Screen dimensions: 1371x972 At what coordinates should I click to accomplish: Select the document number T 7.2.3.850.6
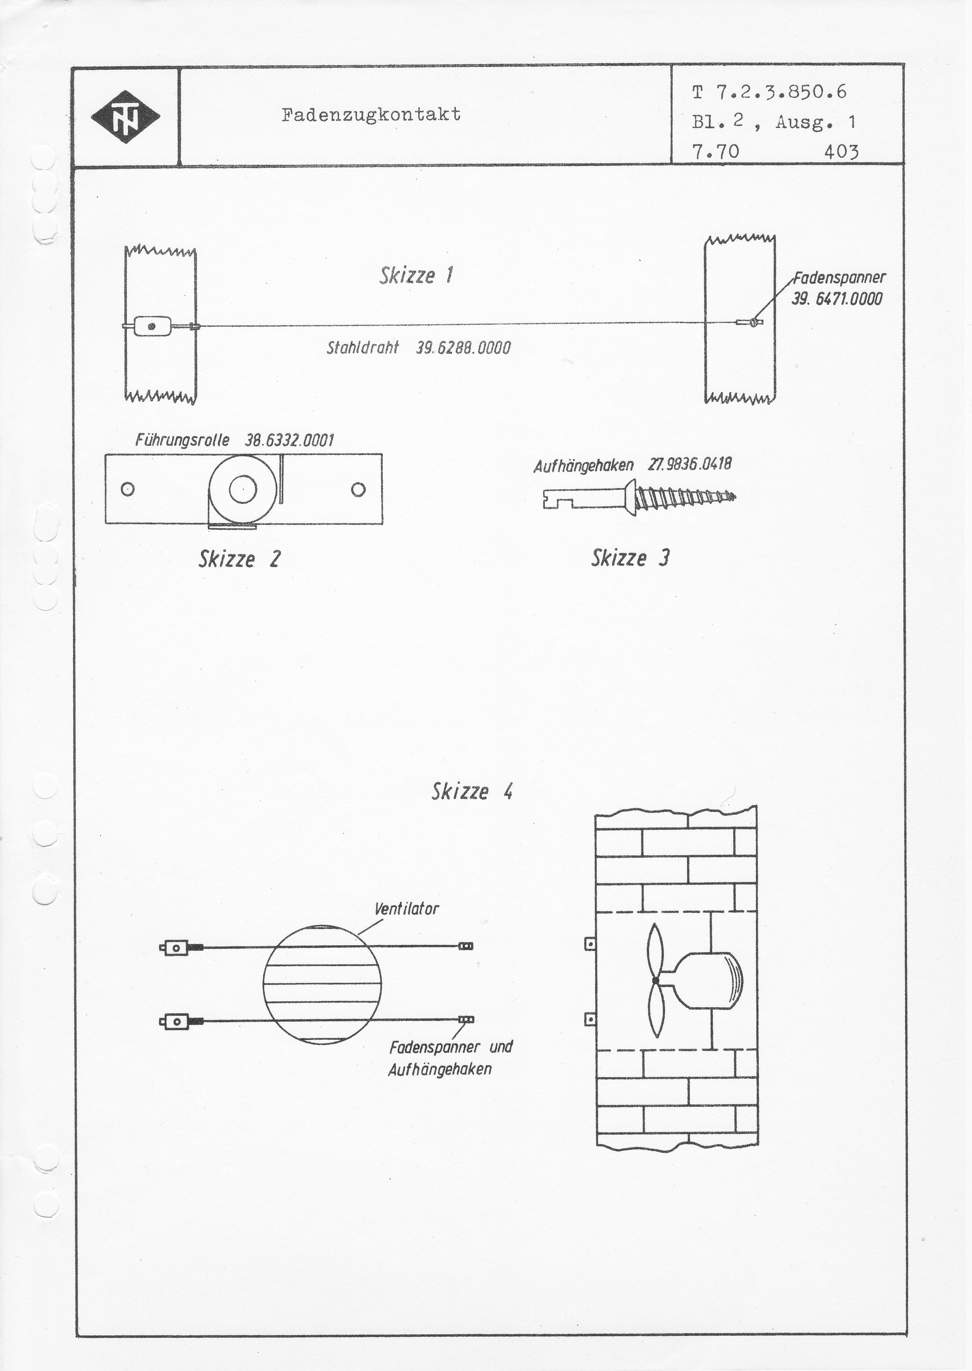[769, 92]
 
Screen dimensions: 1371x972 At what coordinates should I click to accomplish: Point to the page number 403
[841, 152]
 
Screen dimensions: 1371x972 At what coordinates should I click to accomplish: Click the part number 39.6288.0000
[463, 348]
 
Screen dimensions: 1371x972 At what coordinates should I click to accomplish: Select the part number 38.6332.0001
[289, 441]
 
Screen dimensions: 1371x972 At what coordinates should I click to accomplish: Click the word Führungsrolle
[182, 441]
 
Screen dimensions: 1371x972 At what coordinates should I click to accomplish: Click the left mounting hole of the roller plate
[127, 489]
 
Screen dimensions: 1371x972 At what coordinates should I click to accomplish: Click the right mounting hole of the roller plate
[358, 489]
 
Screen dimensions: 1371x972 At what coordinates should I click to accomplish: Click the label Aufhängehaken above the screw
[583, 466]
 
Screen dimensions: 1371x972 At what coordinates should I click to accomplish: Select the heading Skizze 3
[630, 558]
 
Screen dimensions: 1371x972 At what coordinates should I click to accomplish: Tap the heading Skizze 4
[472, 792]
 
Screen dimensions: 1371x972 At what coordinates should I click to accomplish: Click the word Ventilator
[407, 909]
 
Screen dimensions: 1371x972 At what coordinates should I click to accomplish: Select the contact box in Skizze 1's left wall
[151, 327]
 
